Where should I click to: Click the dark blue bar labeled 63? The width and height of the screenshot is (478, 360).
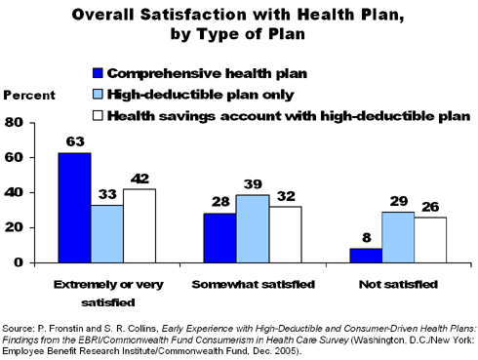[75, 208]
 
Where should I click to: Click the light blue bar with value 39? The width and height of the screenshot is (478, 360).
[251, 228]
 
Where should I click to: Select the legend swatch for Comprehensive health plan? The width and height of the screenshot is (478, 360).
[96, 74]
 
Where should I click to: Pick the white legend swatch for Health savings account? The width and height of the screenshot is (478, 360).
[96, 117]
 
